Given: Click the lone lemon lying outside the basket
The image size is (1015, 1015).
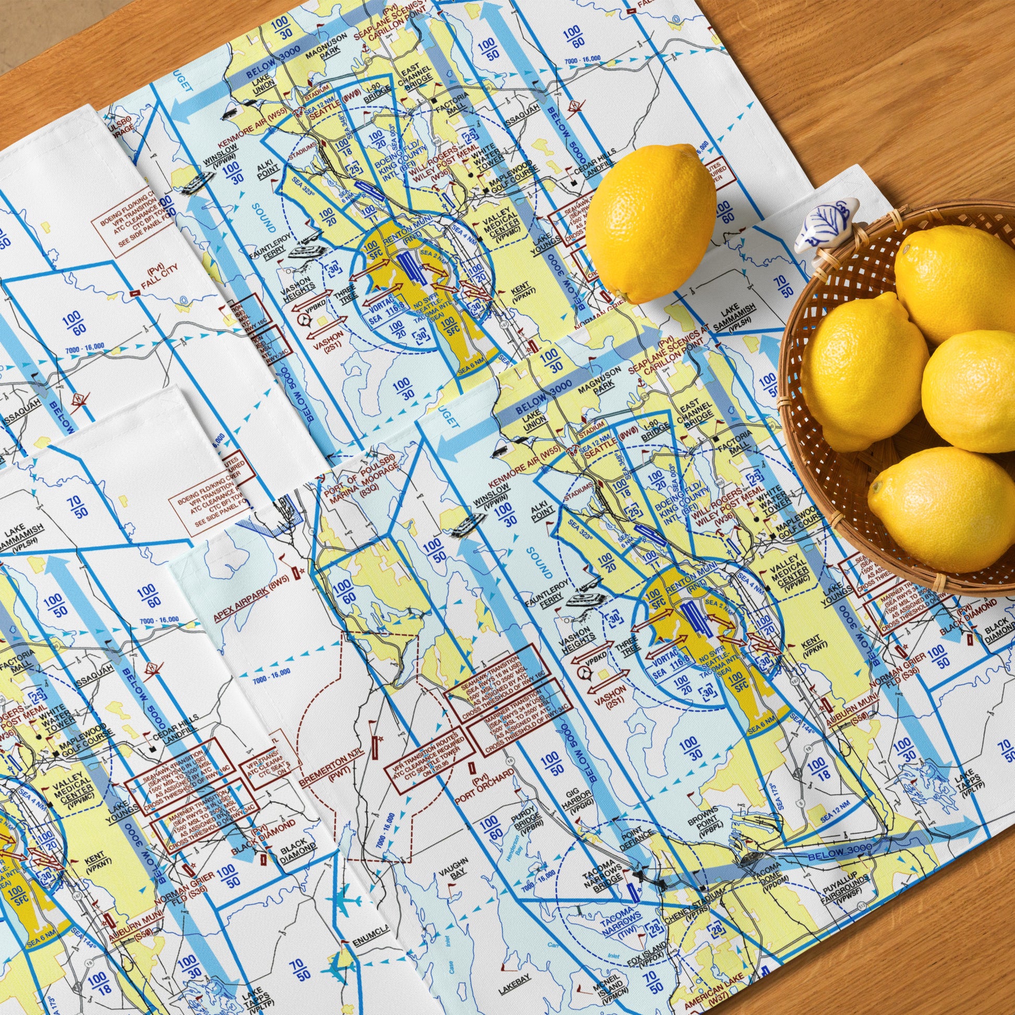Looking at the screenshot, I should click(x=650, y=223).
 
